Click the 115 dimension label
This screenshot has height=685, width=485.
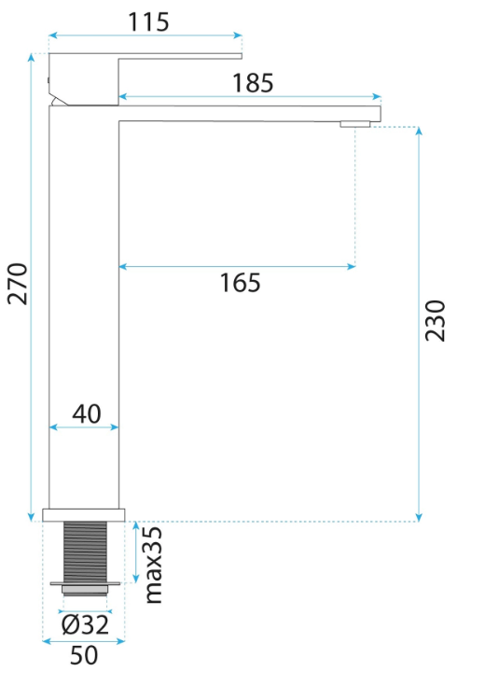pyautogui.click(x=148, y=21)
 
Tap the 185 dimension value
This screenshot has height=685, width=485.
pyautogui.click(x=253, y=82)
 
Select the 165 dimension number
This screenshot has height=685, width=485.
pyautogui.click(x=240, y=283)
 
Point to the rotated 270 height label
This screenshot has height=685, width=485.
pyautogui.click(x=18, y=284)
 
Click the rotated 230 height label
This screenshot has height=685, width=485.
pyautogui.click(x=436, y=320)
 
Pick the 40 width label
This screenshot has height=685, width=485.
pyautogui.click(x=87, y=413)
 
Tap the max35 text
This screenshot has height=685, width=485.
pyautogui.click(x=153, y=566)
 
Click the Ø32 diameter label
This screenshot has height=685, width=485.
pyautogui.click(x=85, y=624)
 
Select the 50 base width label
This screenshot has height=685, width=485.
pyautogui.click(x=84, y=655)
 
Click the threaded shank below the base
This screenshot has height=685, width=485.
pyautogui.click(x=85, y=552)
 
